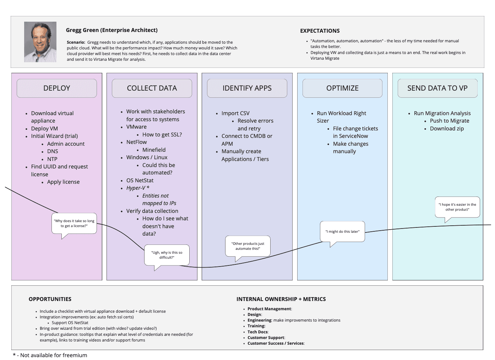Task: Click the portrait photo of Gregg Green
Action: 40,42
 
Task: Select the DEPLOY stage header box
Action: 57,88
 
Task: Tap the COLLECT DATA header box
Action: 152,88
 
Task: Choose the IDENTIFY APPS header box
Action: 247,88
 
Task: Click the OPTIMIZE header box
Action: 342,88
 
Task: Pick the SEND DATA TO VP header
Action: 437,88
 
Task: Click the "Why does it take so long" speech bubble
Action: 74,223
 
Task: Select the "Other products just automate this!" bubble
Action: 248,246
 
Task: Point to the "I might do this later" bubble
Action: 342,231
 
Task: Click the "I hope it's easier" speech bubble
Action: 457,207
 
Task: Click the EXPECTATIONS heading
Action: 320,31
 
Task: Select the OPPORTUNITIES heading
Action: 50,299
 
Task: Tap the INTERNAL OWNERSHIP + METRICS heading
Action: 281,299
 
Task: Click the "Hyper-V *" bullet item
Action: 138,188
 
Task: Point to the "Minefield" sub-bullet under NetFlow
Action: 154,150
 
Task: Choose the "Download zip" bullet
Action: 447,129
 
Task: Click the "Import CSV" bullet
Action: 235,113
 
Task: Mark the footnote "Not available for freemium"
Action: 54,355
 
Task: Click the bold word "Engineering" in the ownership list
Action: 259,320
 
